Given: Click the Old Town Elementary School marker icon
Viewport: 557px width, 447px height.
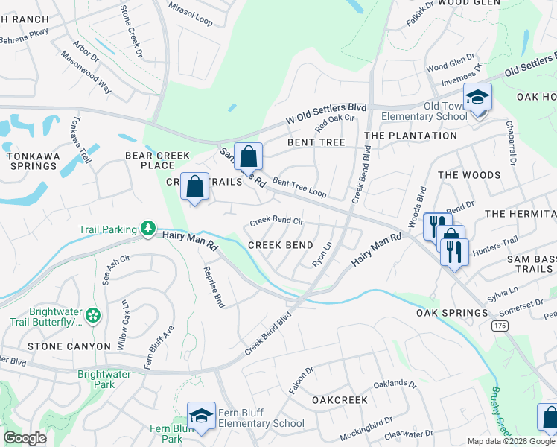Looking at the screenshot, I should pos(477,98).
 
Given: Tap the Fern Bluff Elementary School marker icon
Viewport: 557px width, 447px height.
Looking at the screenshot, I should pos(201,416).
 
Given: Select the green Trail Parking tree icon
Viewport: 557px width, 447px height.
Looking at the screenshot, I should pos(149,229).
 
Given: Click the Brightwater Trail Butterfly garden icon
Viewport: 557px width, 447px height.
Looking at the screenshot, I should pos(93,316).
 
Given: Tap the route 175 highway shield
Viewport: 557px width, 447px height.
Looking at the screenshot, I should pos(500,326).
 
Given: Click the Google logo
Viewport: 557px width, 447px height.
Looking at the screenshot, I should pos(25,438).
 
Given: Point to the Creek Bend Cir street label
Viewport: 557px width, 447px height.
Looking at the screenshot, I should pos(276,221).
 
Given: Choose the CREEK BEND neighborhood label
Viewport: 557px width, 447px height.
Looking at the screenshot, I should pos(280,245).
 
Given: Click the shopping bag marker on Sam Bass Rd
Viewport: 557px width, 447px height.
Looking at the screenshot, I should pos(249,157).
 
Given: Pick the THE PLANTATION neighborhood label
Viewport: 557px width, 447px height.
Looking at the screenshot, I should pos(411,136).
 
